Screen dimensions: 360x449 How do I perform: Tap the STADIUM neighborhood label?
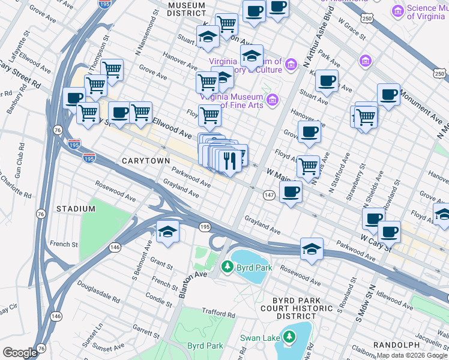pyautogui.click(x=76, y=208)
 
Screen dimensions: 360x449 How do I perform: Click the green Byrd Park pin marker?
pyautogui.click(x=226, y=266)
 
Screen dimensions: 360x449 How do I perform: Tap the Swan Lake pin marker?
pyautogui.click(x=289, y=337)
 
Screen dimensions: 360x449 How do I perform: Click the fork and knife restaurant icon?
pyautogui.click(x=228, y=160)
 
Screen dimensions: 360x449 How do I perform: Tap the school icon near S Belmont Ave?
pyautogui.click(x=167, y=232)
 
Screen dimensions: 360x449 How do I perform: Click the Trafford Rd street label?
pyautogui.click(x=218, y=313)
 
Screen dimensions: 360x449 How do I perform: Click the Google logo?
pyautogui.click(x=20, y=352)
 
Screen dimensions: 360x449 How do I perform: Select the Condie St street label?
pyautogui.click(x=159, y=298)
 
